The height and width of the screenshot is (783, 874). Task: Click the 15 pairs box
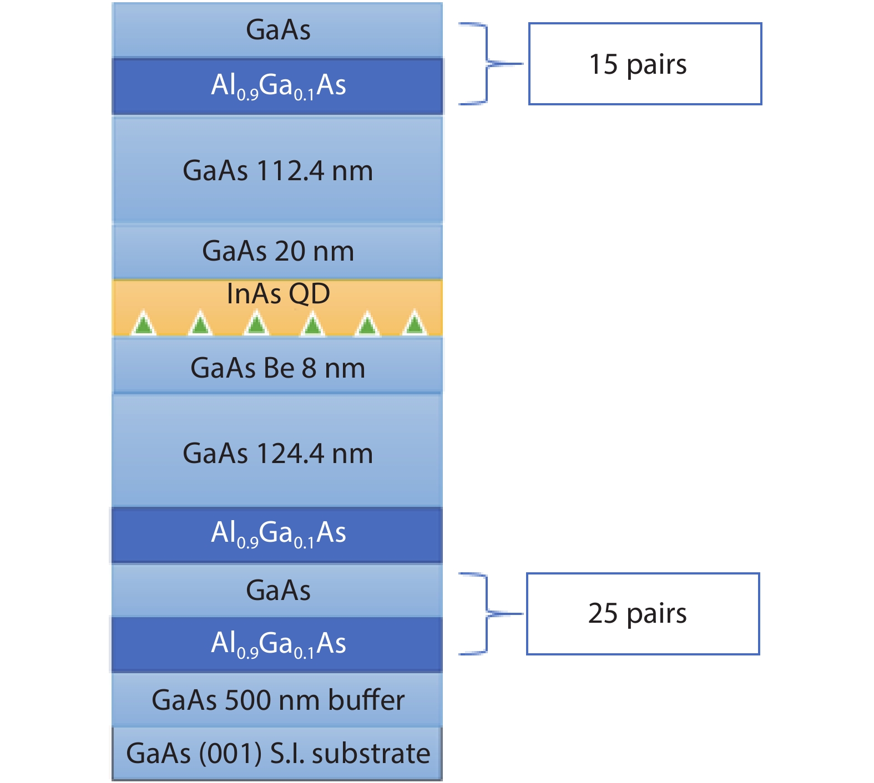pos(645,64)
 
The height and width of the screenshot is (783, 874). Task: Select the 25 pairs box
pos(643,614)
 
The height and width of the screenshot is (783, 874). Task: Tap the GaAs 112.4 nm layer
pos(277,170)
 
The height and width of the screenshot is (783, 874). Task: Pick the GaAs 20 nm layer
pos(277,251)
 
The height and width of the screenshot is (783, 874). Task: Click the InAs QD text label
pos(278,293)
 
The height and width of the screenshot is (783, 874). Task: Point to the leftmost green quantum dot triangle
pos(144,324)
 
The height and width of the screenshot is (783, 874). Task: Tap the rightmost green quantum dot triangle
pos(415,324)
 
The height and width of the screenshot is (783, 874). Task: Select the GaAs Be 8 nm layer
pos(277,367)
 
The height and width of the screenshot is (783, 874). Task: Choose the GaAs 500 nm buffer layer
pos(277,700)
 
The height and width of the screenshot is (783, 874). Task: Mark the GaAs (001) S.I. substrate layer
pos(277,753)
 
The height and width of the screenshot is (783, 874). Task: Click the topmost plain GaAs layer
pos(277,30)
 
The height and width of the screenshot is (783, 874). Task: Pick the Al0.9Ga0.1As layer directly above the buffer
pos(277,644)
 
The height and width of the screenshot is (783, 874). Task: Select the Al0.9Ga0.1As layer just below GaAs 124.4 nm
pos(277,533)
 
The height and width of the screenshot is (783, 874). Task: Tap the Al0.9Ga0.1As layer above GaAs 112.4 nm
pos(277,86)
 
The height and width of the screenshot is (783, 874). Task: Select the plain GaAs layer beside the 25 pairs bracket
pos(277,590)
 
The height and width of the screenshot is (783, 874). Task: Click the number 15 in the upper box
pos(603,64)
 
